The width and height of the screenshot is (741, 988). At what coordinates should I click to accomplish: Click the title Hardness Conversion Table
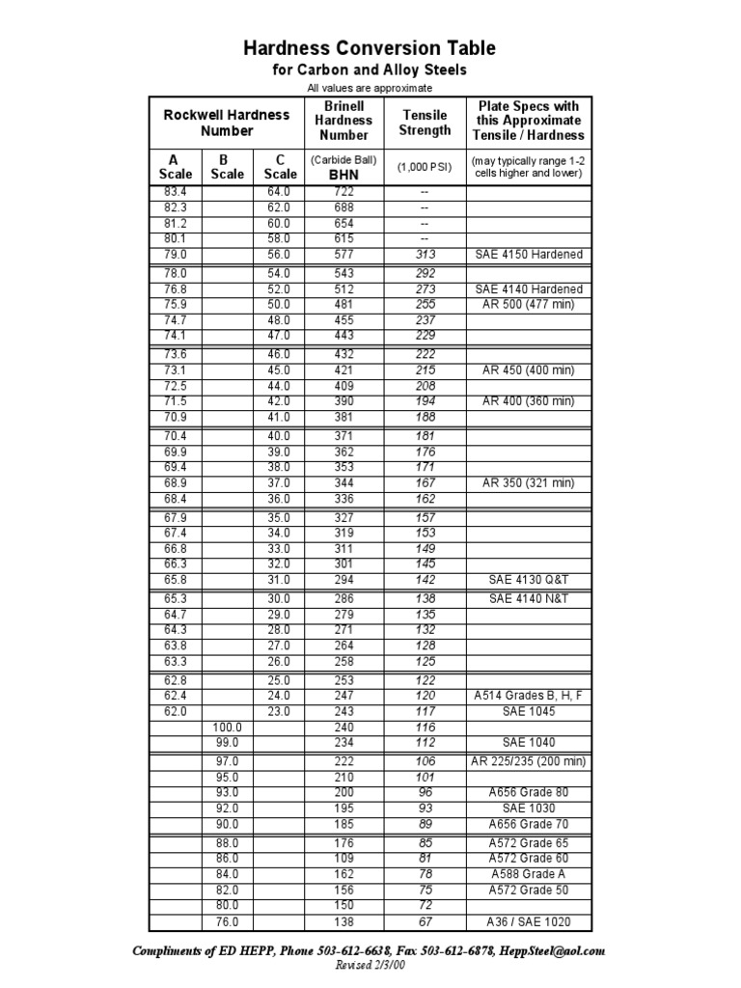pyautogui.click(x=370, y=48)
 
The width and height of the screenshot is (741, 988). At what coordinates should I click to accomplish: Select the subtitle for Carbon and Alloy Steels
pyautogui.click(x=370, y=71)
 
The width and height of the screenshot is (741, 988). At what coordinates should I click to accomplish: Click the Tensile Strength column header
pyautogui.click(x=425, y=122)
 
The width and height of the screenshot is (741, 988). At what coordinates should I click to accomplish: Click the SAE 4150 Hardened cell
pyautogui.click(x=529, y=255)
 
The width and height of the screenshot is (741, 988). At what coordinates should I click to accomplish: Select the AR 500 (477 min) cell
pyautogui.click(x=529, y=304)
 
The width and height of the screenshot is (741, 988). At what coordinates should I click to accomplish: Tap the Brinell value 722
pyautogui.click(x=344, y=192)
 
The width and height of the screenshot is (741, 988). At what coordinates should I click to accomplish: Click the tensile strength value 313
pyautogui.click(x=425, y=255)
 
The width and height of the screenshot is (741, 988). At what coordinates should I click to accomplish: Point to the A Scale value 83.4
pyautogui.click(x=175, y=192)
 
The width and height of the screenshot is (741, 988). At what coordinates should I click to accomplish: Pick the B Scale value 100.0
pyautogui.click(x=228, y=727)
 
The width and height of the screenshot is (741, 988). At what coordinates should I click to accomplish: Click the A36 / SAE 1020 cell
pyautogui.click(x=529, y=921)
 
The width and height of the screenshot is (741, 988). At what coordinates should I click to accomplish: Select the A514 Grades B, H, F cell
pyautogui.click(x=529, y=696)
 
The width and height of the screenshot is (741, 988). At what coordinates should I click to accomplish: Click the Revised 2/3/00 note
pyautogui.click(x=370, y=966)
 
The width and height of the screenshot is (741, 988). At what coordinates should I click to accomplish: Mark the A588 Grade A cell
pyautogui.click(x=529, y=874)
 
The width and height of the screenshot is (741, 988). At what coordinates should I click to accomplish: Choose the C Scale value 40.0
pyautogui.click(x=279, y=436)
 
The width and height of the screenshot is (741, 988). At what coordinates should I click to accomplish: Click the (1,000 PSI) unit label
pyautogui.click(x=425, y=166)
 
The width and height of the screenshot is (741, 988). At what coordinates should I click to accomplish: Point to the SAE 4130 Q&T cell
pyautogui.click(x=529, y=580)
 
